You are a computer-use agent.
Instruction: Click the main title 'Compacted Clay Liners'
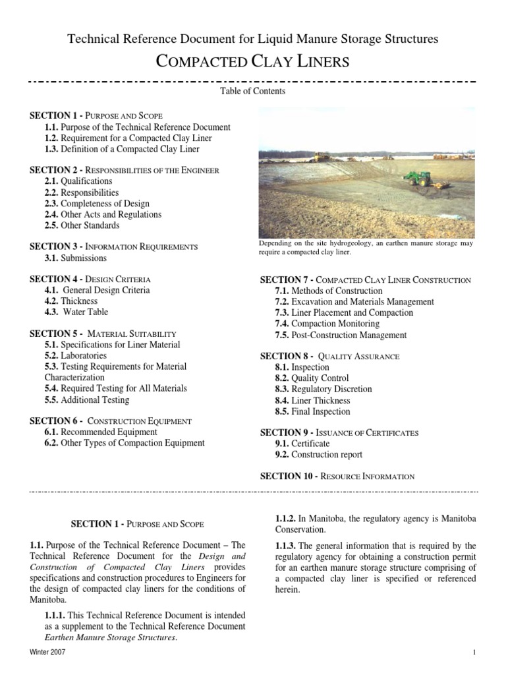[252, 61]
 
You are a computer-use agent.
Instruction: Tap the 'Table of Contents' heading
[252, 92]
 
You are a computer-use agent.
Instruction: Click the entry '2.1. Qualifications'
[78, 181]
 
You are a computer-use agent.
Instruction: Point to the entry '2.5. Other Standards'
[82, 225]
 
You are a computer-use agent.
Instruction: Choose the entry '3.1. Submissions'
[76, 258]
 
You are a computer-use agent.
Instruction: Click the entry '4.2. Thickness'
[71, 301]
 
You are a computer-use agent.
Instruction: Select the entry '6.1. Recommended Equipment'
[101, 432]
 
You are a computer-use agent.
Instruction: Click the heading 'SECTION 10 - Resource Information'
[337, 476]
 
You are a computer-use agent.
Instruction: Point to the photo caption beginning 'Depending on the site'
[366, 247]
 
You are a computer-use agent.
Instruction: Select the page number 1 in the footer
[474, 652]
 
